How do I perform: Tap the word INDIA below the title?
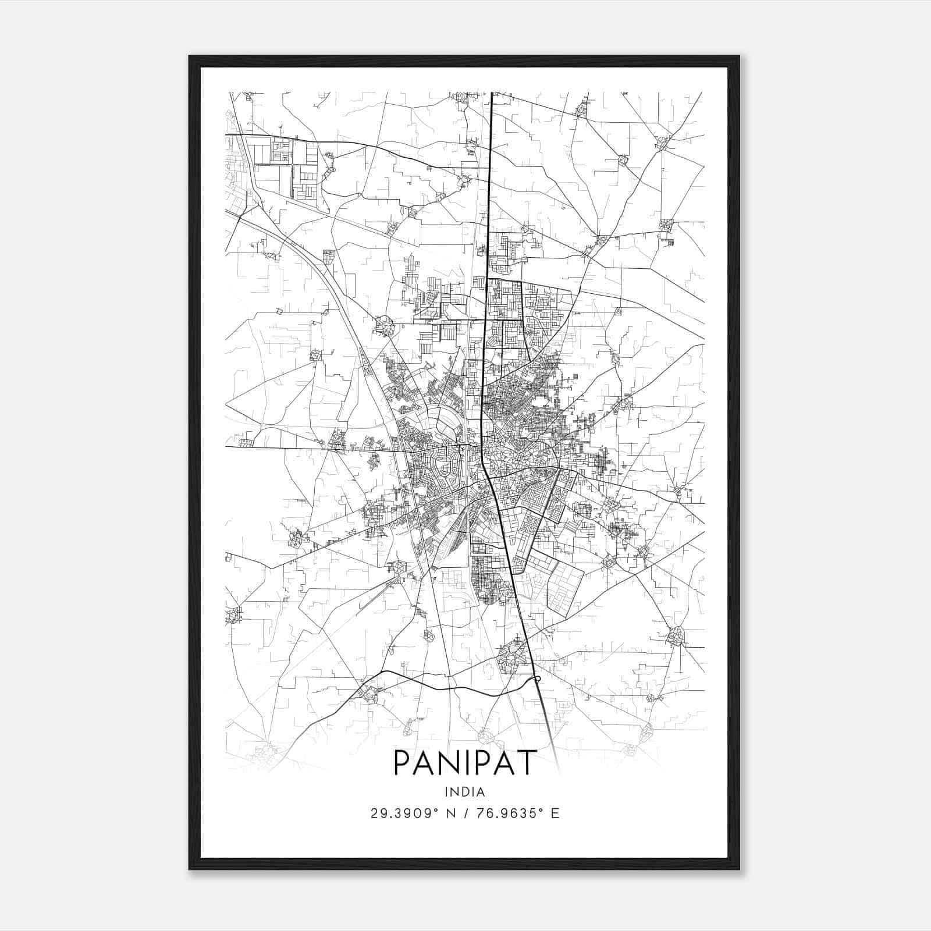click(464, 791)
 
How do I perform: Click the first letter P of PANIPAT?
click(403, 762)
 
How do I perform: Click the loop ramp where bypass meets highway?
click(537, 678)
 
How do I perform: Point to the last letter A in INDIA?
click(481, 791)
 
